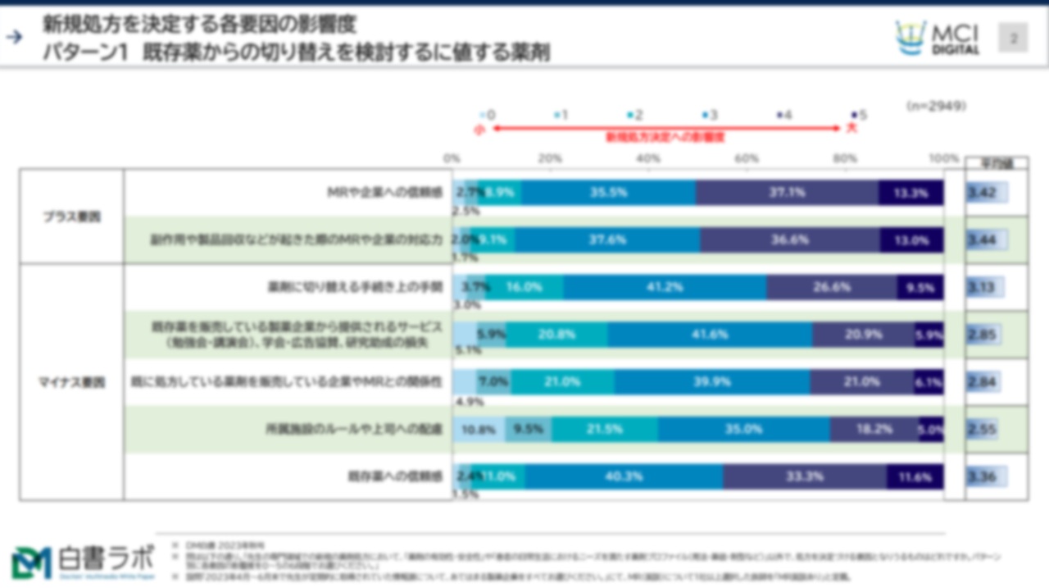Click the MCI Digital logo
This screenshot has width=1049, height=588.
[x=938, y=38]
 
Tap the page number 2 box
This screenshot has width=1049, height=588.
[x=1013, y=38]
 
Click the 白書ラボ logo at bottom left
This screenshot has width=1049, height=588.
[x=82, y=562]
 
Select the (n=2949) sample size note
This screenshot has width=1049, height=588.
[x=936, y=106]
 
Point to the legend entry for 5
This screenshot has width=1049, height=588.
[x=858, y=116]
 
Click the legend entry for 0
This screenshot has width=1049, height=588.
[x=488, y=116]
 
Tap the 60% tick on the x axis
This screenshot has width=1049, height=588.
[x=747, y=158]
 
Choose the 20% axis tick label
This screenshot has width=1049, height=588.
[x=549, y=158]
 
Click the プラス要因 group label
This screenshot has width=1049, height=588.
[x=72, y=217]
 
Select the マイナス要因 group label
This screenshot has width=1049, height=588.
[x=72, y=383]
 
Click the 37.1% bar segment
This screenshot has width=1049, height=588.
[x=787, y=194]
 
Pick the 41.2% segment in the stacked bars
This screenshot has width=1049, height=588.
[x=665, y=288]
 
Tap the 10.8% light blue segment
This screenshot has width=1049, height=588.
[x=479, y=429]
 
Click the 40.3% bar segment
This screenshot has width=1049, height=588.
[x=624, y=476]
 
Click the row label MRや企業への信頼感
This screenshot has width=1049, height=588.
[x=384, y=194]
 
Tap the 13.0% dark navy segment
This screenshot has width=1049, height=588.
[x=911, y=241]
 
